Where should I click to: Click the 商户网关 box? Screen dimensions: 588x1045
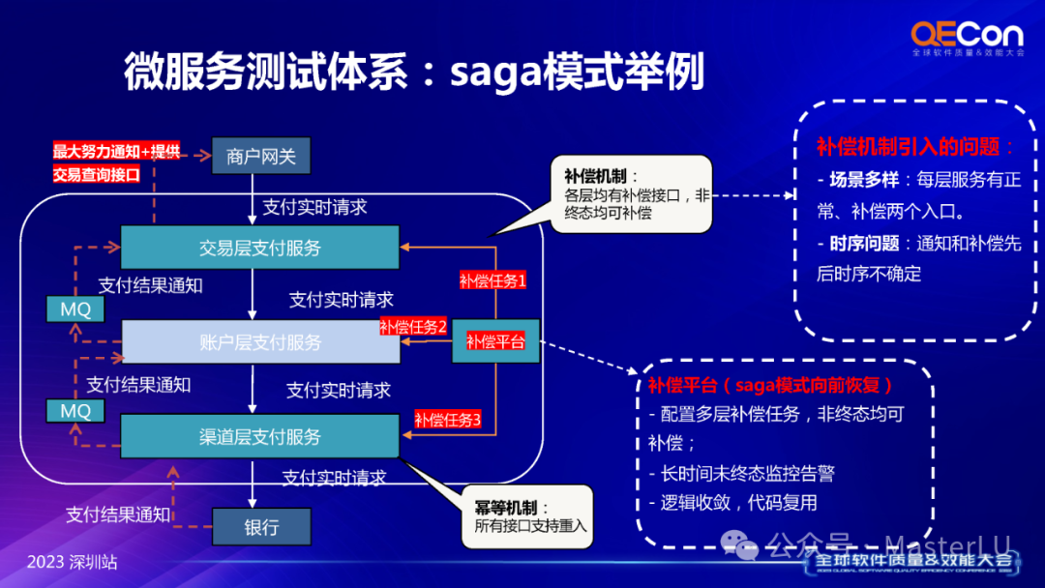point(260,156)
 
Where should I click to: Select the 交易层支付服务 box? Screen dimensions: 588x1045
point(259,248)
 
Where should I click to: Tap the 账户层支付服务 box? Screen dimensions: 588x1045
point(259,342)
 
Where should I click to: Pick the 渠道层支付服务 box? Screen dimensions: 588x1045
point(259,436)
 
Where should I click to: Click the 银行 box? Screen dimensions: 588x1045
point(261,527)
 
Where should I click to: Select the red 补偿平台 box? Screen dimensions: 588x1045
point(495,341)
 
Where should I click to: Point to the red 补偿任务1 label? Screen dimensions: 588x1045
point(493,281)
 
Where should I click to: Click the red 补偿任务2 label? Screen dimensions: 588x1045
point(413,327)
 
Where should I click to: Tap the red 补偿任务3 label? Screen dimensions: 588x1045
point(448,420)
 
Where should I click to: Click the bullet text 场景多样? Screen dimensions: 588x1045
point(857,181)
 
